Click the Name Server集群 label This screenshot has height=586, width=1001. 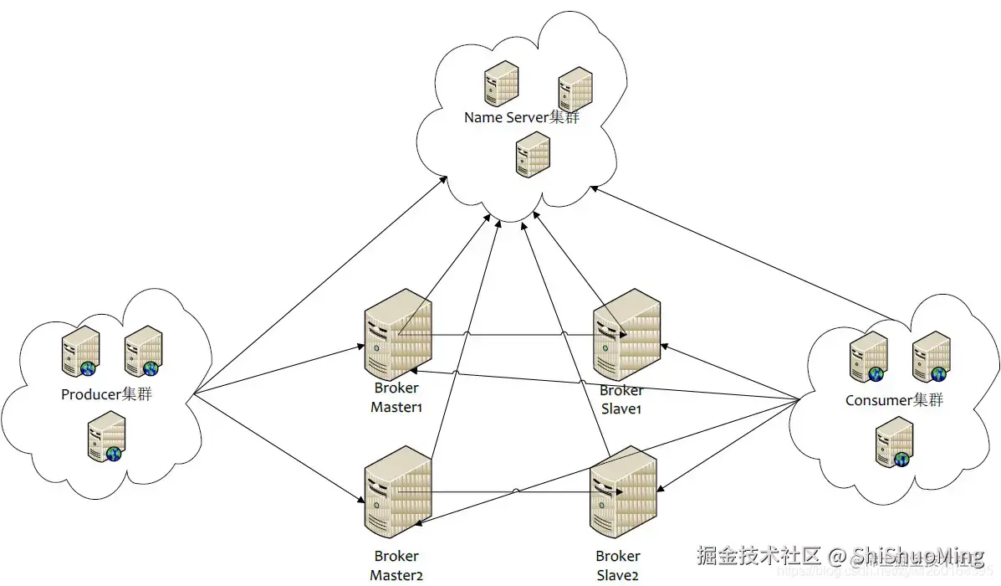[522, 118]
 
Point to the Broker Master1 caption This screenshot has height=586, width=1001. [397, 398]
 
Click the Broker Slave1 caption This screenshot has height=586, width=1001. [621, 399]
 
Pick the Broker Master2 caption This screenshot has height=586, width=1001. [396, 565]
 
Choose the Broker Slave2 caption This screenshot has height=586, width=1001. [618, 565]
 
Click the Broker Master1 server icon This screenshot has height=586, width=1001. [397, 334]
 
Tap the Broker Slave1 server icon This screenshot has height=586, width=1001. [626, 335]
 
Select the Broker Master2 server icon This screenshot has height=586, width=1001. [397, 491]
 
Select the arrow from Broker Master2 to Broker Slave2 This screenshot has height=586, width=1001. [518, 493]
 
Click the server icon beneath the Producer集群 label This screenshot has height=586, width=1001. [107, 437]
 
